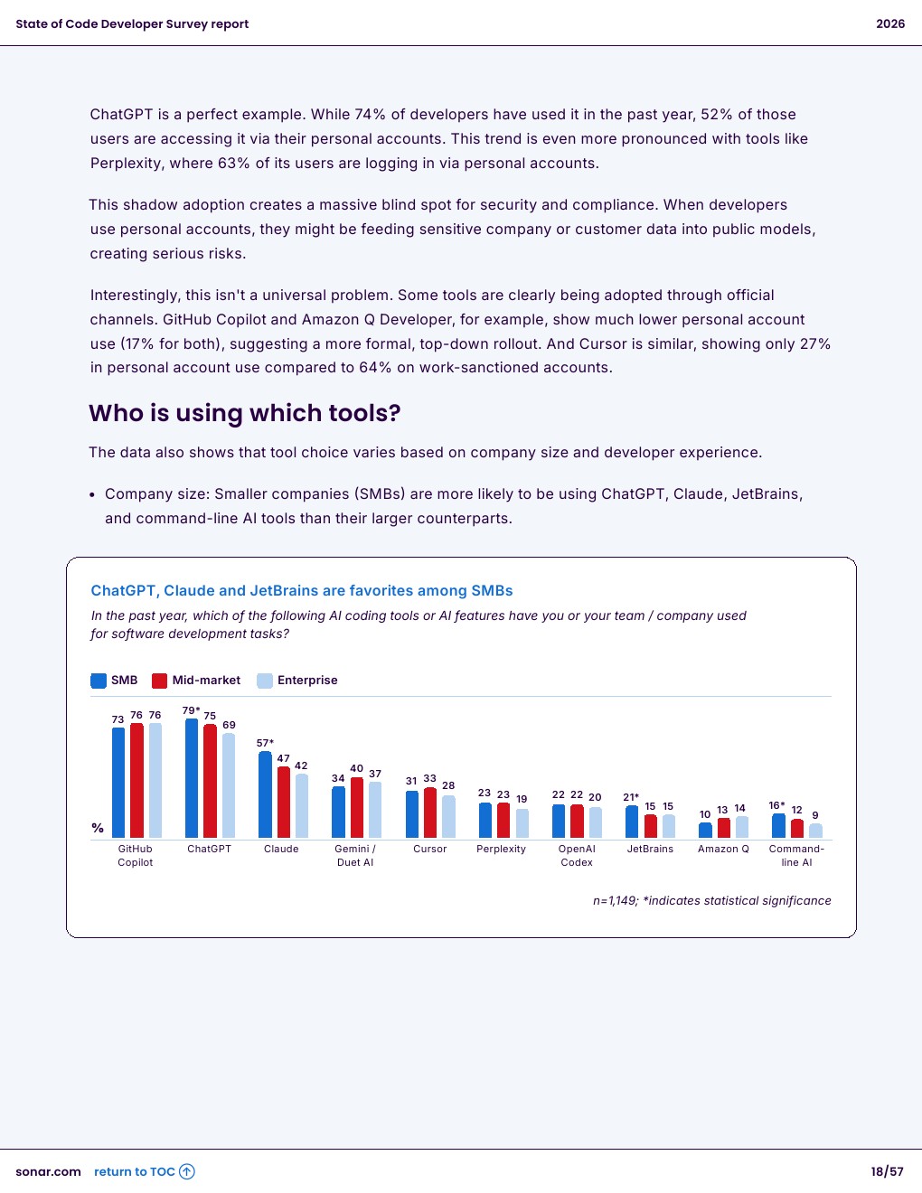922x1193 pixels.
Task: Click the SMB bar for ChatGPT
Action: (x=192, y=778)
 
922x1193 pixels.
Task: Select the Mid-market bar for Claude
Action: (x=284, y=803)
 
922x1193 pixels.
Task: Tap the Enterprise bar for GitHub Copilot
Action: (x=155, y=780)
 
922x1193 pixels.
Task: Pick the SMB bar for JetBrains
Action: (x=632, y=822)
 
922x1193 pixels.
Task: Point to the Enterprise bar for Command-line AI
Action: (x=815, y=831)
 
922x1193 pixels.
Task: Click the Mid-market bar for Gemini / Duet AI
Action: (x=356, y=808)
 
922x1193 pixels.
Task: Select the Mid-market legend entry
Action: (x=197, y=681)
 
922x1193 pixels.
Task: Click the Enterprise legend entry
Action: (x=298, y=681)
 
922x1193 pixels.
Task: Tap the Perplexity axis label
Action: (x=501, y=850)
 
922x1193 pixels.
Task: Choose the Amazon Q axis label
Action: (x=723, y=850)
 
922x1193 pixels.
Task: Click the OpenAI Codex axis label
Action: (x=577, y=856)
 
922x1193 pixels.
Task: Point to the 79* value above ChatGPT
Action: (x=191, y=710)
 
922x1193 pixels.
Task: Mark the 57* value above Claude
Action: (x=265, y=743)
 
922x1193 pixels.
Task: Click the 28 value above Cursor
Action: (x=448, y=785)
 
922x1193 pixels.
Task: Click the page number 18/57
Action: (x=887, y=1172)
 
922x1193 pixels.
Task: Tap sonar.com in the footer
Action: (x=48, y=1172)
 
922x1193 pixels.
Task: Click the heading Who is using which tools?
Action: (x=245, y=413)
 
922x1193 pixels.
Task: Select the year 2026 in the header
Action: (x=890, y=24)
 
